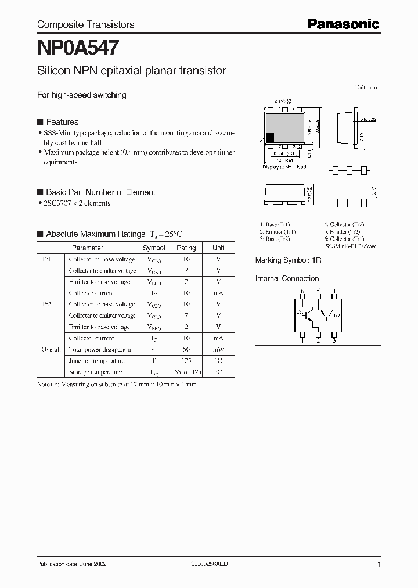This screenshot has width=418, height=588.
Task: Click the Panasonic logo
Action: [x=343, y=24]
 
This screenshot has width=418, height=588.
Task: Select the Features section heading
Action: [x=62, y=122]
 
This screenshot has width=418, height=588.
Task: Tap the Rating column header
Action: [x=186, y=248]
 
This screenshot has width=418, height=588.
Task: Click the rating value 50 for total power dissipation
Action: [x=186, y=350]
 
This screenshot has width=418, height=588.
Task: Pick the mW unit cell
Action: [x=218, y=350]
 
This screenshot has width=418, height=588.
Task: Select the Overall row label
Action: [x=51, y=350]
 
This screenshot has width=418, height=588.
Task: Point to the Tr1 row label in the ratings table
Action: [x=46, y=259]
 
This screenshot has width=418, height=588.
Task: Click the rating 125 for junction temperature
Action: [x=186, y=361]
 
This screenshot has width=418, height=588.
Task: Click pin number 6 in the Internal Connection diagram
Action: [x=302, y=291]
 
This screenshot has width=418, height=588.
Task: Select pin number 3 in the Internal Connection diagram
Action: [x=334, y=341]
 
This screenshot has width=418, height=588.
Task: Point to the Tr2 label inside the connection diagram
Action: [x=336, y=314]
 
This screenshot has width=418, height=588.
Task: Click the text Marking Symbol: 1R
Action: [x=289, y=261]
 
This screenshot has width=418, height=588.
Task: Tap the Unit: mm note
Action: [x=366, y=88]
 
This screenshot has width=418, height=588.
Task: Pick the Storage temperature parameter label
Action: [x=96, y=372]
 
